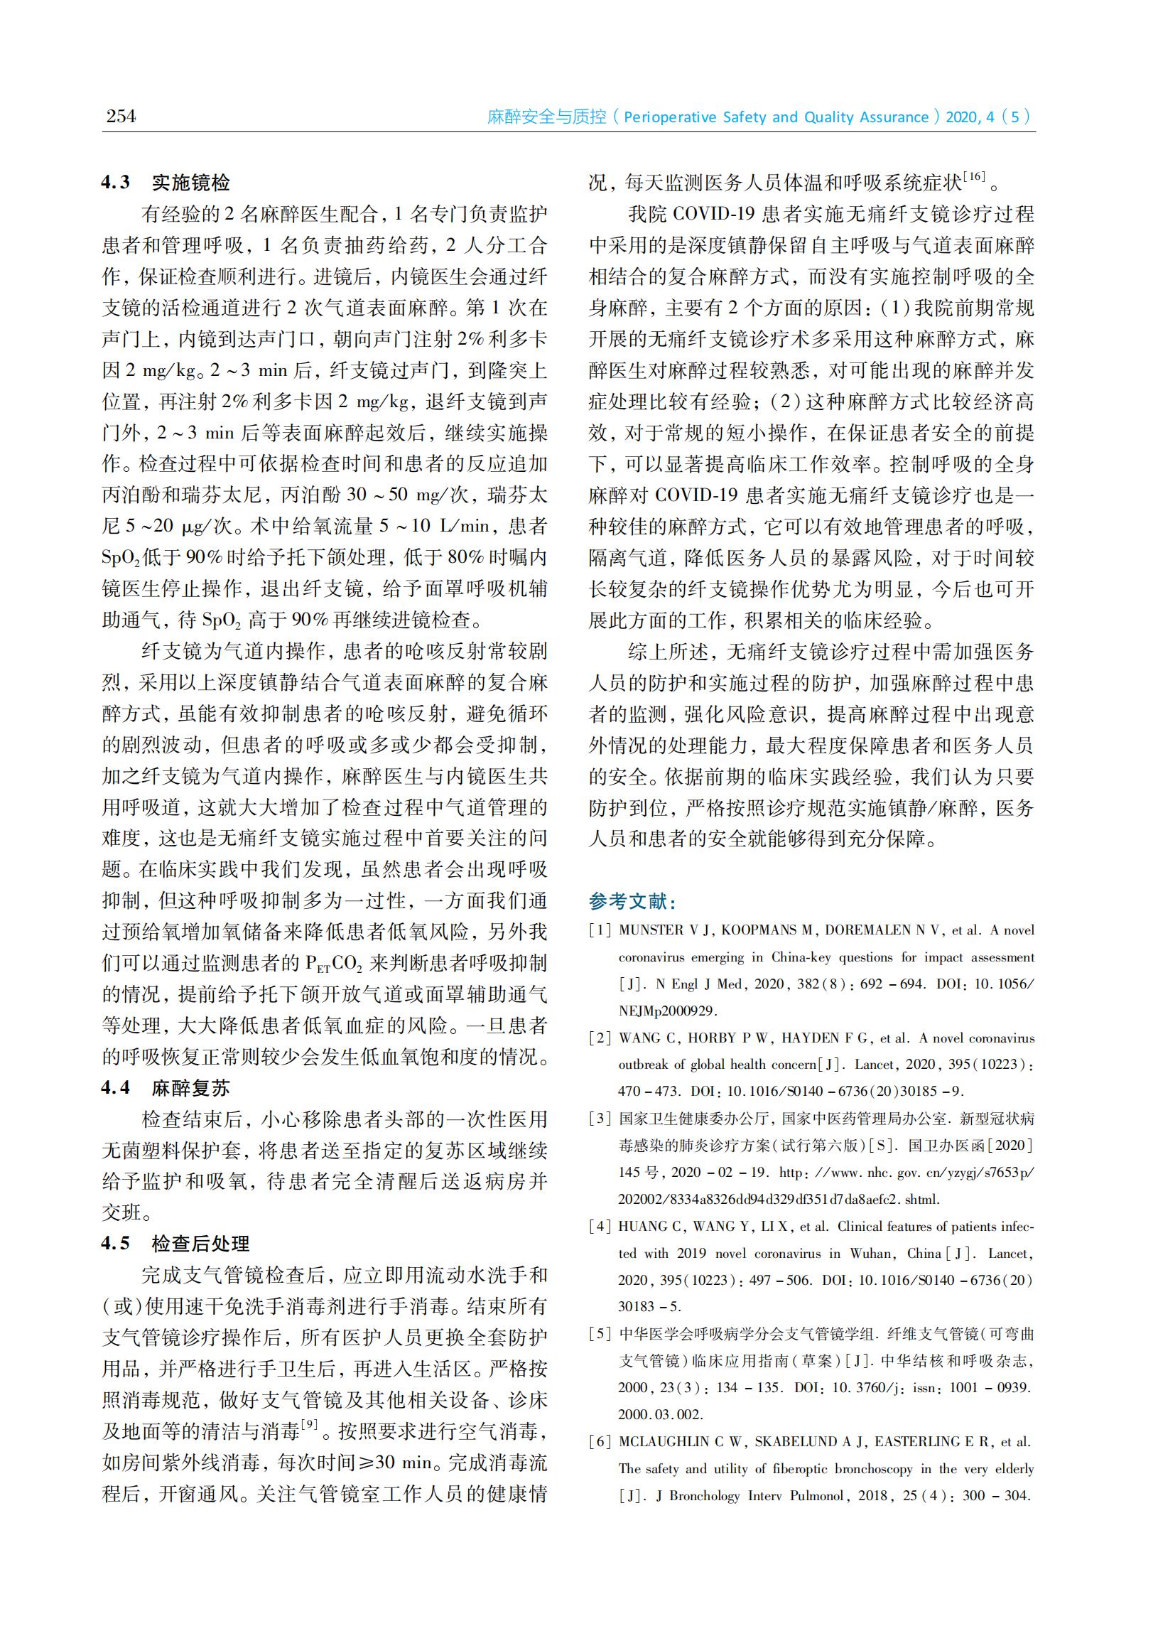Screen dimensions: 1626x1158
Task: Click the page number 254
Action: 121,116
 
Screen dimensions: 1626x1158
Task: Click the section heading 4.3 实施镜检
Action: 166,183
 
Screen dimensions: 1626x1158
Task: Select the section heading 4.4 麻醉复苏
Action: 166,1087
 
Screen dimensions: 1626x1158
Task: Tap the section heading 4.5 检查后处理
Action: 175,1244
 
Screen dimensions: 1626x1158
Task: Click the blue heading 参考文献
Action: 632,901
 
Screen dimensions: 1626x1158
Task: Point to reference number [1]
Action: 600,930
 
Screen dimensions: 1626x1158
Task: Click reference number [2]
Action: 600,1038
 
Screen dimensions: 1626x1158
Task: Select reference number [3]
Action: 600,1119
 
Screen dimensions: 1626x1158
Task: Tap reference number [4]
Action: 600,1227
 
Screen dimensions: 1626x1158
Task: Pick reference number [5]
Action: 600,1335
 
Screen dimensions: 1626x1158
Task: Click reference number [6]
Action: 600,1442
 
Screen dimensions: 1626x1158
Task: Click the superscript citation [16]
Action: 974,176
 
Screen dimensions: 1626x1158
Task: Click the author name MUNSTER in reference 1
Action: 651,930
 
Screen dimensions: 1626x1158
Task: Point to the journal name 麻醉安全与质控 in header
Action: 547,117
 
